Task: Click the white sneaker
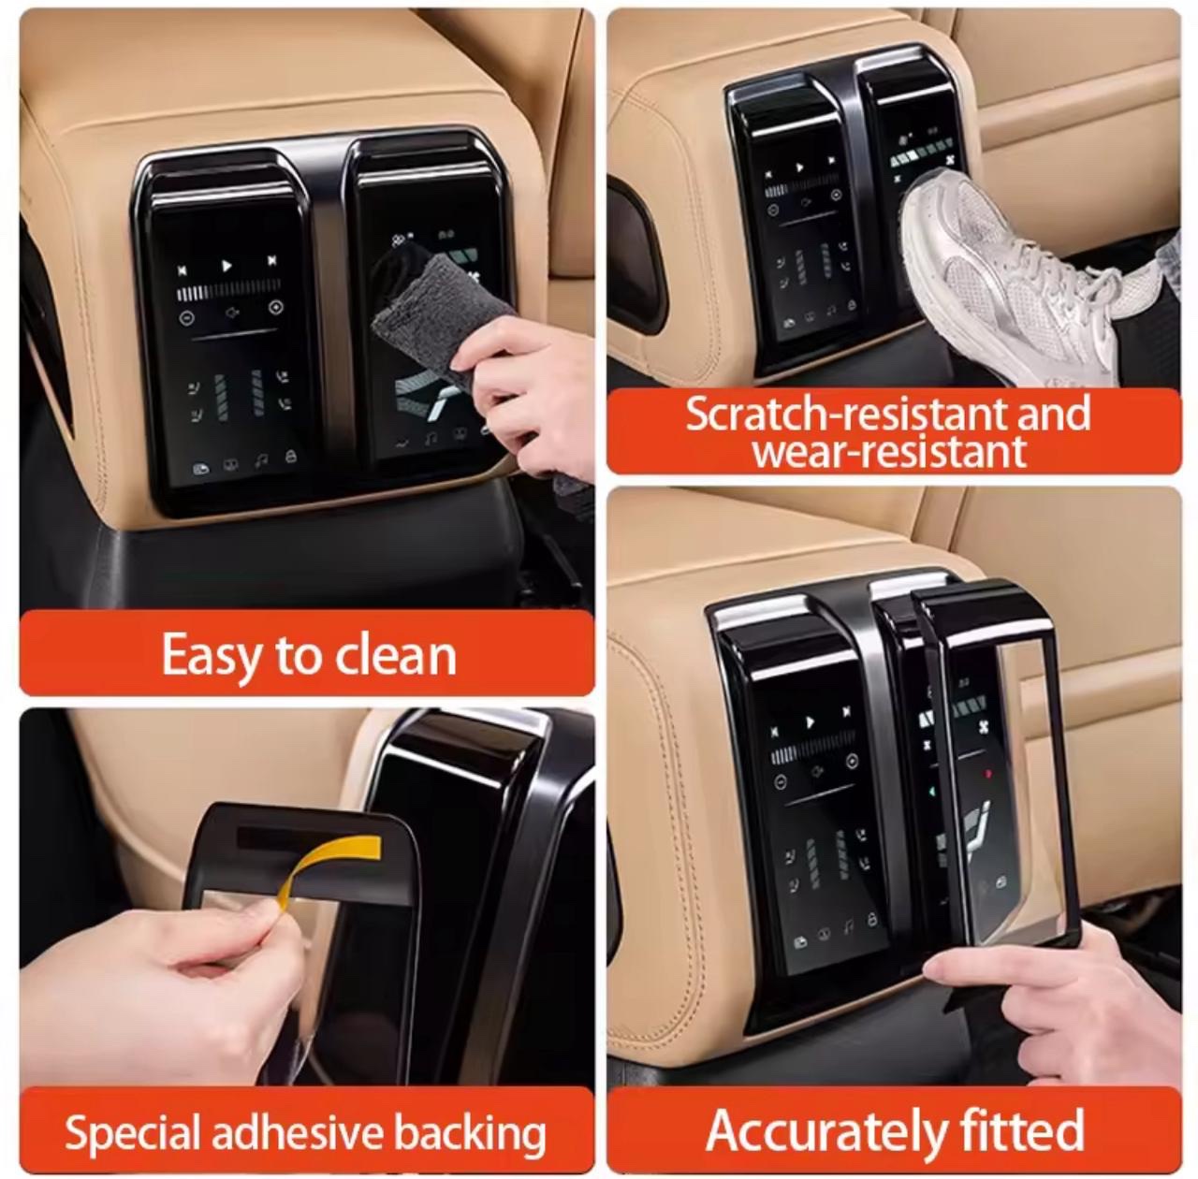1019,280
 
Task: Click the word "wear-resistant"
889,453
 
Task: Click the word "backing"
470,1115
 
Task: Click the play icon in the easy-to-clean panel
226,266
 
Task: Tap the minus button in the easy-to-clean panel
186,317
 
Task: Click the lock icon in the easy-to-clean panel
290,457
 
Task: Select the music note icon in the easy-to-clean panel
261,460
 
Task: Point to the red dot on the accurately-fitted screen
987,775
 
